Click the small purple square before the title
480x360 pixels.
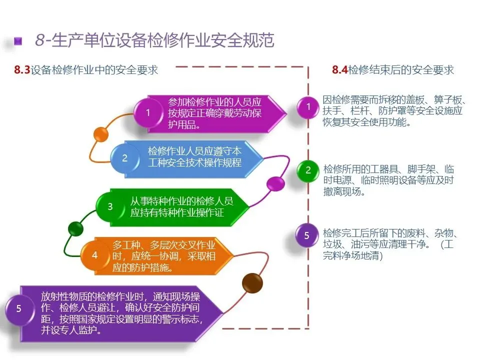pyautogui.click(x=18, y=41)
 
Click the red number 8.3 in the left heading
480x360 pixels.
pyautogui.click(x=22, y=70)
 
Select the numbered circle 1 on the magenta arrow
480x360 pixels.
pyautogui.click(x=147, y=112)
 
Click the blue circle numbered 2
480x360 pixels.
pyautogui.click(x=124, y=158)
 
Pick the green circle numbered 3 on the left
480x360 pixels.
pyautogui.click(x=110, y=206)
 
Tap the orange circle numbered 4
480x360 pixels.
pyautogui.click(x=94, y=254)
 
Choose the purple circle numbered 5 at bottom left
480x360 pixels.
pyautogui.click(x=19, y=308)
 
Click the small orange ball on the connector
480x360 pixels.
pyautogui.click(x=101, y=135)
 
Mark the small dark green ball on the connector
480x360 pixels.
pyautogui.click(x=75, y=229)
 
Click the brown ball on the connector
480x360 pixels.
pyautogui.click(x=251, y=283)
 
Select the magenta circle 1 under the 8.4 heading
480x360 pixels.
pyautogui.click(x=308, y=106)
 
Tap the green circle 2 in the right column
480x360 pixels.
pyautogui.click(x=308, y=170)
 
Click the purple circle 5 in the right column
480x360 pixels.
pyautogui.click(x=307, y=235)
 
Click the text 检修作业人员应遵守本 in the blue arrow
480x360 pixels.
pyautogui.click(x=194, y=151)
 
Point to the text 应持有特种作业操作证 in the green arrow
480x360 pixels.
pyautogui.click(x=177, y=213)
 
